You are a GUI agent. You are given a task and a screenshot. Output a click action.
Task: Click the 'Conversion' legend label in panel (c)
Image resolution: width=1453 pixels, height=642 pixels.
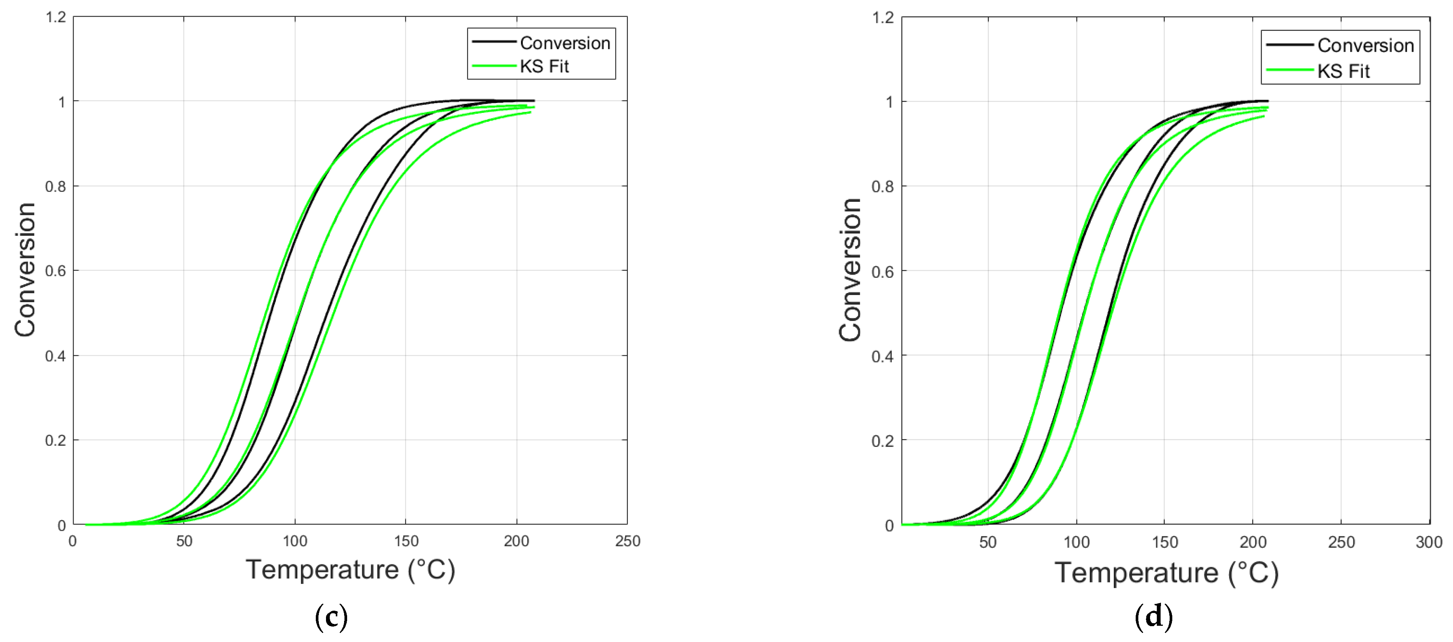(564, 43)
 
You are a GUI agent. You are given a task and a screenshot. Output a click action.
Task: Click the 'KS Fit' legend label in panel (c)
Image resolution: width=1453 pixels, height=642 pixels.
(544, 66)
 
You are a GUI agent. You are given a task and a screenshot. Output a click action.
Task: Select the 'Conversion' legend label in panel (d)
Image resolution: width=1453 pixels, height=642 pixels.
(1365, 45)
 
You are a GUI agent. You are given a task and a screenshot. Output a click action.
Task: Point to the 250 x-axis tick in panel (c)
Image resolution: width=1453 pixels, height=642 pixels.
(627, 542)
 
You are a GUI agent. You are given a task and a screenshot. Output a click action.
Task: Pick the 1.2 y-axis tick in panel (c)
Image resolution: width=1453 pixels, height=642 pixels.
(56, 17)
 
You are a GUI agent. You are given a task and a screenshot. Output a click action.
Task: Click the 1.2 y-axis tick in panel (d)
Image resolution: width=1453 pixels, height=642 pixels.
(883, 17)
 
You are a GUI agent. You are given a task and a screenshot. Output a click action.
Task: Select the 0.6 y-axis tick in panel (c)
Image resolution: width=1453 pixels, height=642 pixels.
(56, 271)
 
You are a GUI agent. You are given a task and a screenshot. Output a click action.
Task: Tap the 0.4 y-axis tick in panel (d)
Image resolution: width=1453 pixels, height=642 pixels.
(883, 356)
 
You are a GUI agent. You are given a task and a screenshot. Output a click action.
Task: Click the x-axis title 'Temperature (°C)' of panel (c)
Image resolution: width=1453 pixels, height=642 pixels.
(350, 570)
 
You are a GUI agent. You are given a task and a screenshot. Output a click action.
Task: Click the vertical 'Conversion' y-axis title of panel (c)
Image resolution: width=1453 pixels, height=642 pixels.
(25, 270)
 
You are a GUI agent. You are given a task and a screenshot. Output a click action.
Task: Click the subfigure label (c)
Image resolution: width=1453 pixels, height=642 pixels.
(331, 617)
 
